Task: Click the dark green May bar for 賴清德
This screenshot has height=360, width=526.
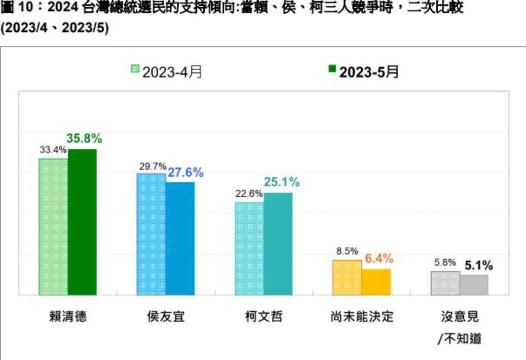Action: (82, 222)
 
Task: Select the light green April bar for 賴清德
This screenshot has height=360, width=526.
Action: (53, 227)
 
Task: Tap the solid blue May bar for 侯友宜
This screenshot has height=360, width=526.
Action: (180, 238)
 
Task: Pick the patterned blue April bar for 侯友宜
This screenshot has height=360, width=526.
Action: (151, 234)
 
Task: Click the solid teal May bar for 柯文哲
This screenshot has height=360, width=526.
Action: (278, 244)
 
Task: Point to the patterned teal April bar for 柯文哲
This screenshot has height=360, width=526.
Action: (249, 248)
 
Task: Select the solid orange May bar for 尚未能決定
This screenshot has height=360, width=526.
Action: (376, 282)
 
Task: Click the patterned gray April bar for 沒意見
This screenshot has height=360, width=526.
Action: (445, 283)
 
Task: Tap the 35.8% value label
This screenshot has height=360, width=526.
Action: (84, 139)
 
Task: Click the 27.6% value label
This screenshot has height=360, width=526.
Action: (186, 173)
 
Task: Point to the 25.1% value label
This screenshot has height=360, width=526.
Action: (281, 182)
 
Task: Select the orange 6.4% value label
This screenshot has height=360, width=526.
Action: (379, 259)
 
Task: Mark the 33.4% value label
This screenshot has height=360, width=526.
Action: (53, 150)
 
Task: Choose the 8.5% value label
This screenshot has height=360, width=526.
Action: (347, 251)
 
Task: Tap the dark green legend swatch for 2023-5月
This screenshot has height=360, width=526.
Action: (332, 69)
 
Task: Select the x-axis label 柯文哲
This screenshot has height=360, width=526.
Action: (263, 316)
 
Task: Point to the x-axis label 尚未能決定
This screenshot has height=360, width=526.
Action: (362, 316)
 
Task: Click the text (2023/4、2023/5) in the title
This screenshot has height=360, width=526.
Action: (55, 28)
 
